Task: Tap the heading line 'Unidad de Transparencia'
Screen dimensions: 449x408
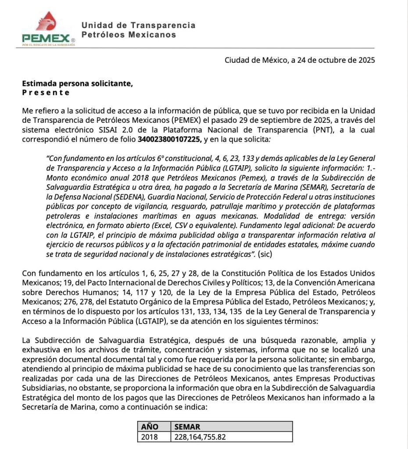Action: coord(138,25)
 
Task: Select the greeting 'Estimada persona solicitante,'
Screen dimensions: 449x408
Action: coord(77,83)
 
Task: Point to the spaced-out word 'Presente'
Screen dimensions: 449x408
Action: coord(46,92)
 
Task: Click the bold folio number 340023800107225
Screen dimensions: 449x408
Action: coord(169,140)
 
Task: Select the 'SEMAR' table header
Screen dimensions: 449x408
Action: coord(186,427)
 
